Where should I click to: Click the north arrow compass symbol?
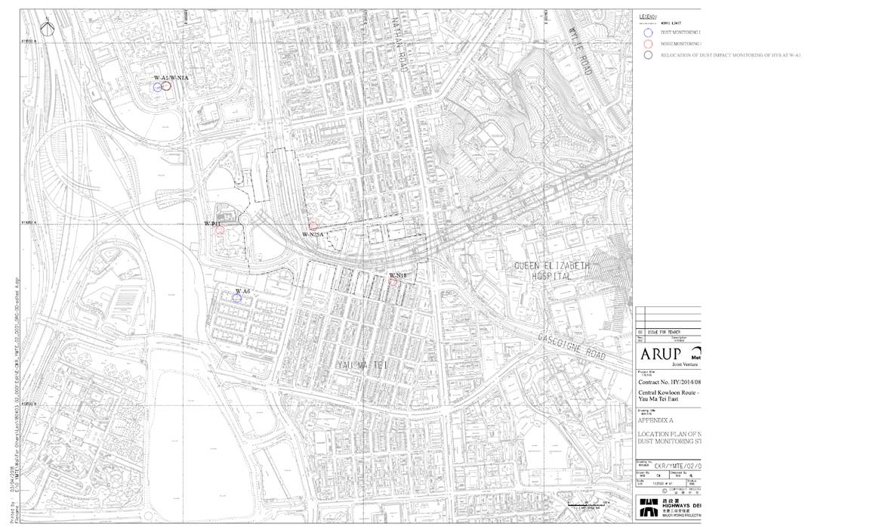point(48,28)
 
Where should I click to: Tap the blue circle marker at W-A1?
point(157,87)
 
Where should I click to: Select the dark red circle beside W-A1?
point(166,86)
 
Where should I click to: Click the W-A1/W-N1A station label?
point(171,78)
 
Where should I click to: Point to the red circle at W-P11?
point(220,231)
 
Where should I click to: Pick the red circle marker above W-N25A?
point(313,225)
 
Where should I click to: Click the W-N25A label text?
point(313,235)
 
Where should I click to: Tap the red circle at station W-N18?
point(393,282)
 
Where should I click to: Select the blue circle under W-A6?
point(236,298)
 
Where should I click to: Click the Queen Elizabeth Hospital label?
point(553,271)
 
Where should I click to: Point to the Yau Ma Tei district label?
point(359,365)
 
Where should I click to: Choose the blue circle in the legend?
point(648,33)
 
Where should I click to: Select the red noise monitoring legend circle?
point(648,44)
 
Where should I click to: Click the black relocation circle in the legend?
point(648,55)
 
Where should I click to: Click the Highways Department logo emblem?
point(647,507)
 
